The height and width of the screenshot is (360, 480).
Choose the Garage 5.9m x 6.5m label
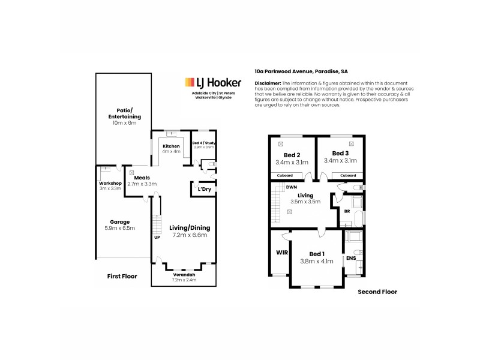[x=120, y=225]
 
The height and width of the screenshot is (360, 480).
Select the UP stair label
[x=157, y=236]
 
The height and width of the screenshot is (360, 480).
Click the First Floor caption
[x=122, y=277]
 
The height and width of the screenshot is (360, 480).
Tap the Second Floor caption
[x=377, y=292]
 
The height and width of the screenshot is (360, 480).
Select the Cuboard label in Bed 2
[x=285, y=175]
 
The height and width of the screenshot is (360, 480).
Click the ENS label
[x=349, y=259]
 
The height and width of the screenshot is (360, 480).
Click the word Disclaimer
[x=268, y=83]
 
